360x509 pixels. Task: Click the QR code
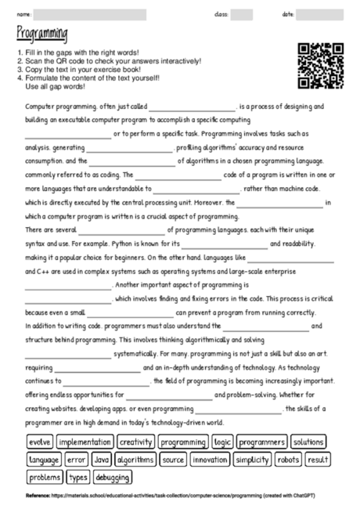[321, 67]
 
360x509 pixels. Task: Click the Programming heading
[41, 33]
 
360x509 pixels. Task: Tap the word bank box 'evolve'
[40, 442]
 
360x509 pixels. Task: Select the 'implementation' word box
[85, 442]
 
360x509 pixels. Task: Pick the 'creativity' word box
[135, 442]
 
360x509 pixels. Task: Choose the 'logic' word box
[223, 442]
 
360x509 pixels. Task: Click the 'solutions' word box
[308, 442]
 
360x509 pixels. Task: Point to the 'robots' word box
[288, 460]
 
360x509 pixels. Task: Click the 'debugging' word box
[113, 477]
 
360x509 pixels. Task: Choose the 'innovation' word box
[210, 460]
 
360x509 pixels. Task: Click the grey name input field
[90, 14]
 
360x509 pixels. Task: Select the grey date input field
[320, 14]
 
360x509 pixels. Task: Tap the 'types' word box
[79, 477]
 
